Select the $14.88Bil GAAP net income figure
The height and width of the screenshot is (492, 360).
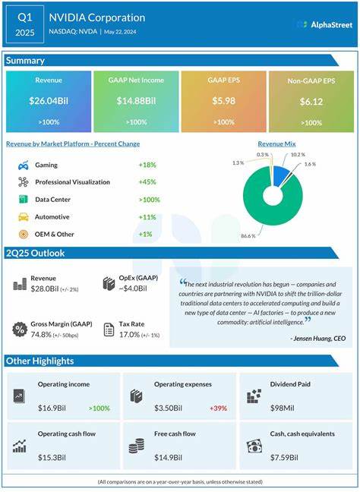pyautogui.click(x=137, y=101)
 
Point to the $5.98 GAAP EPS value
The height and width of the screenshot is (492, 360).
pyautogui.click(x=223, y=100)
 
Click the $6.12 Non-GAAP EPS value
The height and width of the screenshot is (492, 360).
pyautogui.click(x=311, y=102)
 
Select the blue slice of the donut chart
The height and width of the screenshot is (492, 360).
pyautogui.click(x=281, y=177)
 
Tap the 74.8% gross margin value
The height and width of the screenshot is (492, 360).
pyautogui.click(x=46, y=334)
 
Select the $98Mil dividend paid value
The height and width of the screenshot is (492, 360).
pyautogui.click(x=283, y=408)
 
